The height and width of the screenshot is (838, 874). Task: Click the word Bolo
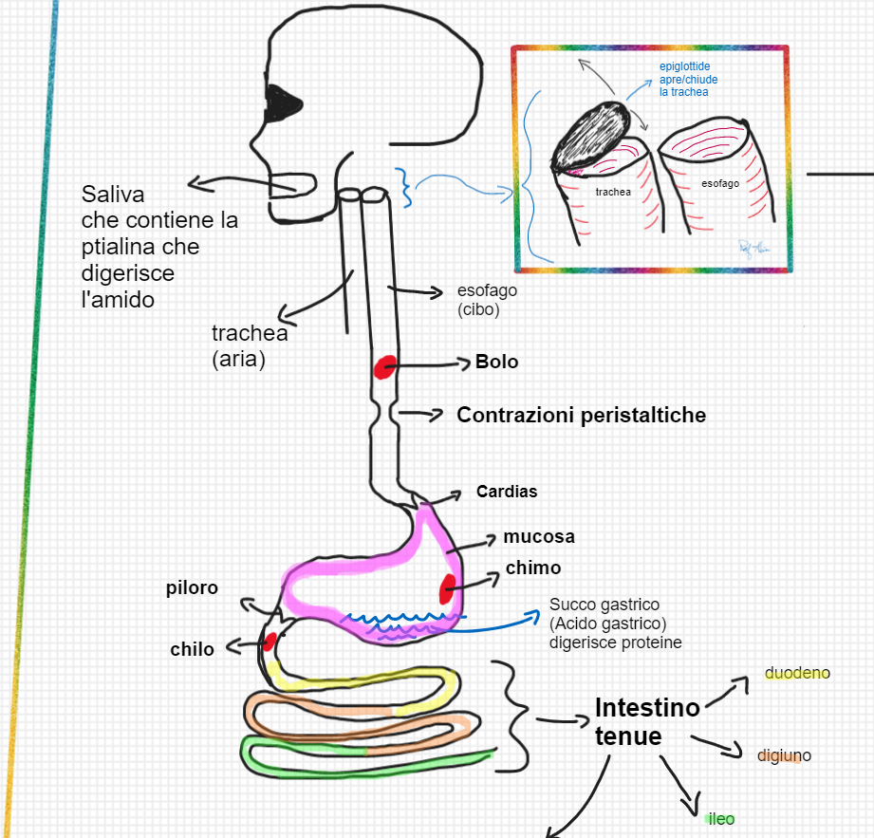click(496, 363)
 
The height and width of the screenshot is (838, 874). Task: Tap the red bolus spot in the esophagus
click(384, 367)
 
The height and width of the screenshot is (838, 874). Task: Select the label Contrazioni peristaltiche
click(581, 415)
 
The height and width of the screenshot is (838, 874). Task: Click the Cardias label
click(507, 492)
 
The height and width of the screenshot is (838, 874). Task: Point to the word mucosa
click(539, 536)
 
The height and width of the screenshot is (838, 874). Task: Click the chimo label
click(532, 568)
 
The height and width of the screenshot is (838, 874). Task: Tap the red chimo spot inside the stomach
click(447, 588)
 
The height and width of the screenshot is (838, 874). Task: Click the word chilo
click(192, 649)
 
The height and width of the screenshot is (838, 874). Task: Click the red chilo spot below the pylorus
click(270, 641)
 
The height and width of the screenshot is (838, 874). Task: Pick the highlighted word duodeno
click(797, 673)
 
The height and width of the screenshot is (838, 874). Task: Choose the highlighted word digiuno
click(784, 756)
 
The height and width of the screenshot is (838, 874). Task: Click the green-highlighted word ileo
click(721, 818)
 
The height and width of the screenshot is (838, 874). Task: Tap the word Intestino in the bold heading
click(647, 707)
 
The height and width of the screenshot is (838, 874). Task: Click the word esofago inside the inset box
click(720, 183)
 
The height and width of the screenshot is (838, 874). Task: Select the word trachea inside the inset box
click(613, 192)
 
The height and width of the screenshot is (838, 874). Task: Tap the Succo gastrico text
click(604, 605)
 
